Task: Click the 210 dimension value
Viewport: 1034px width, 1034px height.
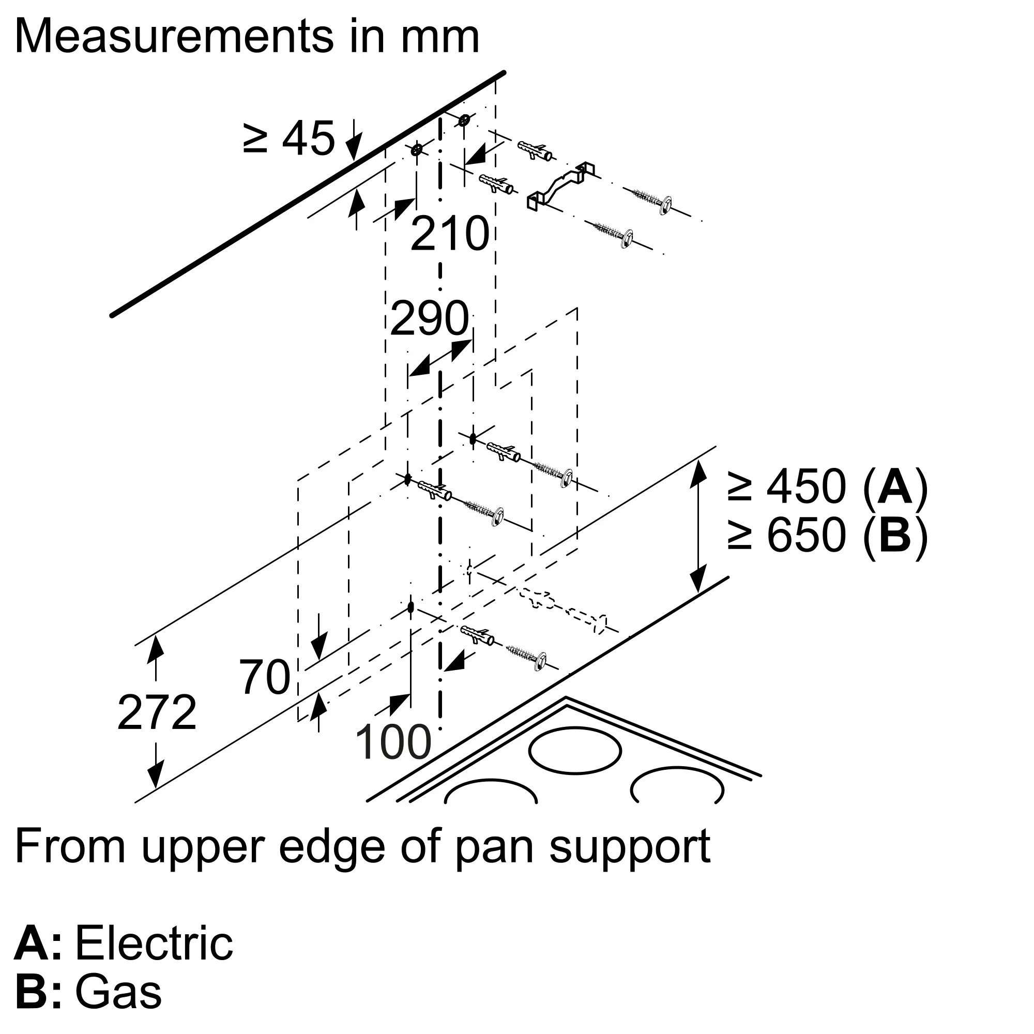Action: click(450, 234)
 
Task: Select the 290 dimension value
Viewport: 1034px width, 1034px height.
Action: click(430, 318)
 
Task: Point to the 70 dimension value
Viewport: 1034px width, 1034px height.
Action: click(264, 677)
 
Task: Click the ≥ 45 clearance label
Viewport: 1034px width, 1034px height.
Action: click(289, 138)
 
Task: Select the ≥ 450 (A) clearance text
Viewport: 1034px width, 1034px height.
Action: click(827, 486)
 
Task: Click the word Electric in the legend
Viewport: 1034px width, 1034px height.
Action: click(154, 943)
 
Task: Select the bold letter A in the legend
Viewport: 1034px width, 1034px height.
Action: click(32, 943)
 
